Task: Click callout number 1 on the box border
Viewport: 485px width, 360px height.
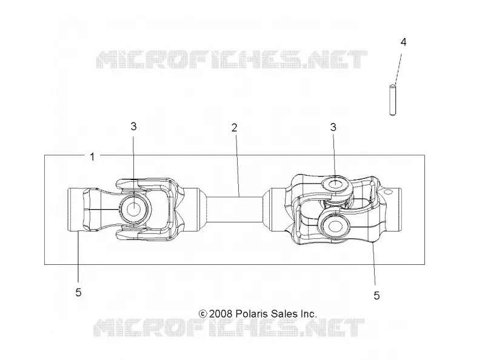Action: tap(92, 157)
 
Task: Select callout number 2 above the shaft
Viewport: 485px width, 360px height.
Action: tap(234, 128)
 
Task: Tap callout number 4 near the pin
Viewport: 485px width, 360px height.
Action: tap(403, 42)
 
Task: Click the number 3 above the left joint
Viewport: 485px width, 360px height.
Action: tap(133, 126)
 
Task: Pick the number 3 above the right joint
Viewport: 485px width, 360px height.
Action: tap(333, 127)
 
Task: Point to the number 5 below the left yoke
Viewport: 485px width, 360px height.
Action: tap(79, 292)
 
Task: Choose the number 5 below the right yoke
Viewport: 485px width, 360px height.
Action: tap(376, 295)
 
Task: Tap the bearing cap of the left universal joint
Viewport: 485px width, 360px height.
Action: tap(134, 209)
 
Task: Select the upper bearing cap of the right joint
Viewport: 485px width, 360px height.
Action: tap(336, 185)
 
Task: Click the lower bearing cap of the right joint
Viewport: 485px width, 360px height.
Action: tap(334, 225)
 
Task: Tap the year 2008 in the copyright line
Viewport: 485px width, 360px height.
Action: tap(220, 314)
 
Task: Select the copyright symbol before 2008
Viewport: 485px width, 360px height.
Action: tap(202, 314)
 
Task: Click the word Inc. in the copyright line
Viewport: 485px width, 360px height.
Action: tap(309, 314)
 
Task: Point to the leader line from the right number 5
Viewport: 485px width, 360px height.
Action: tap(373, 264)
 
